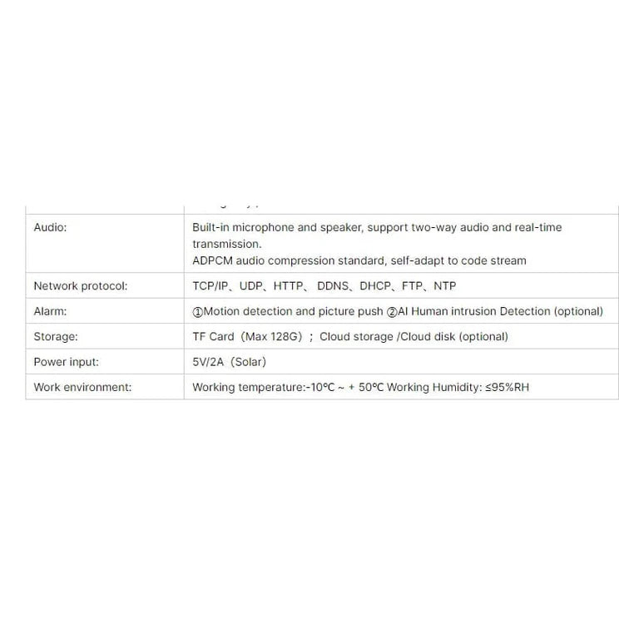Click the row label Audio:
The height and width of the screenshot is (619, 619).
pyautogui.click(x=50, y=227)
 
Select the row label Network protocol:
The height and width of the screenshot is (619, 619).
pyautogui.click(x=80, y=286)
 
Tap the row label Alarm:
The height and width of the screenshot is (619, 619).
pyautogui.click(x=50, y=311)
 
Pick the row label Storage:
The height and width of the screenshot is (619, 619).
pyautogui.click(x=55, y=337)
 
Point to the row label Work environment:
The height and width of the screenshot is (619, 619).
pyautogui.click(x=82, y=388)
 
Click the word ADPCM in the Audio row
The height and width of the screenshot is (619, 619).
pyautogui.click(x=213, y=260)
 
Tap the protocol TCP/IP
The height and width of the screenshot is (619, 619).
pyautogui.click(x=210, y=286)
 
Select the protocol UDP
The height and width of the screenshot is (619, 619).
pyautogui.click(x=251, y=286)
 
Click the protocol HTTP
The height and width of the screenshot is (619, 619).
pyautogui.click(x=289, y=286)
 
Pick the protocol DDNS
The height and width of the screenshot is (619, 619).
pyautogui.click(x=334, y=286)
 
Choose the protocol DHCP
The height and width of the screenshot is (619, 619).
pyautogui.click(x=376, y=286)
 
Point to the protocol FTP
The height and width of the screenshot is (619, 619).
pyautogui.click(x=412, y=286)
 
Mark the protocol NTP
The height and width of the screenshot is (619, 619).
pyautogui.click(x=445, y=286)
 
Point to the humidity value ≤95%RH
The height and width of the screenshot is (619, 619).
pyautogui.click(x=507, y=388)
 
